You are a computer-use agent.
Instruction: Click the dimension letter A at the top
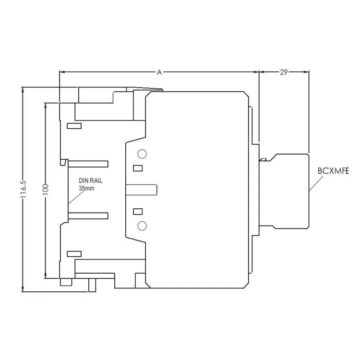(159, 72)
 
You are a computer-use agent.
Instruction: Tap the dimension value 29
(284, 72)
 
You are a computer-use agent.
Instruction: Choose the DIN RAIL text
(91, 181)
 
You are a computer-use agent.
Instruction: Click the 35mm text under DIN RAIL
(87, 189)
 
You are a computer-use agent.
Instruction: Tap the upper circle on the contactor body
(142, 154)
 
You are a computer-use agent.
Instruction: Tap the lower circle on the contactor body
(142, 226)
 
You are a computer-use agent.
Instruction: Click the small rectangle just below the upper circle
(138, 168)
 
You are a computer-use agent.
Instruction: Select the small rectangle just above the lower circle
(138, 212)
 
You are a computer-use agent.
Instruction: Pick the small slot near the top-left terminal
(74, 126)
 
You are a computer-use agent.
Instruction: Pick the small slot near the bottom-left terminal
(74, 253)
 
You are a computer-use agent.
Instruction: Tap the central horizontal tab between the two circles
(141, 190)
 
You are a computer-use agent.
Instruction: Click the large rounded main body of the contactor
(197, 190)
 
